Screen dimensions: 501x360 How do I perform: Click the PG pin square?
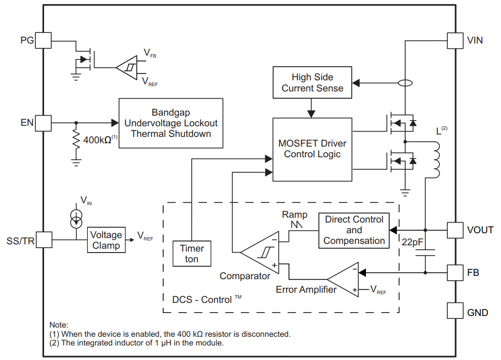(x=43, y=40)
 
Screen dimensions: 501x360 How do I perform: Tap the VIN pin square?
(x=455, y=41)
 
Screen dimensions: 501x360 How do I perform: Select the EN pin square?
(x=43, y=123)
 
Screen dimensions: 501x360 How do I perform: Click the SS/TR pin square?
(x=44, y=240)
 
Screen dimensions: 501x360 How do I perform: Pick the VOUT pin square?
(x=455, y=230)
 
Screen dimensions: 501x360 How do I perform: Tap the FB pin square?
(x=455, y=272)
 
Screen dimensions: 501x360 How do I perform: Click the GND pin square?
(x=455, y=311)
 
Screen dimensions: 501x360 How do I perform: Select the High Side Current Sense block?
(x=312, y=82)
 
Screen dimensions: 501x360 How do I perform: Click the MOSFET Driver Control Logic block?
(x=312, y=150)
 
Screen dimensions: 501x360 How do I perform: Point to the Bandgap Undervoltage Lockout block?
(x=171, y=123)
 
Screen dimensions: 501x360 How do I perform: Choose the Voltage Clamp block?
(x=106, y=240)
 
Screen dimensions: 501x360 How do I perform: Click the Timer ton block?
(x=192, y=254)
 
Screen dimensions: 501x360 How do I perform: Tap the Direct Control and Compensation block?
(x=354, y=230)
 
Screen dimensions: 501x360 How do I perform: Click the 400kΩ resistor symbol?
(x=76, y=139)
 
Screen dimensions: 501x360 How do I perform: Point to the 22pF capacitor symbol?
(x=425, y=253)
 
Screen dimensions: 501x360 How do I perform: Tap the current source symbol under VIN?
(x=76, y=219)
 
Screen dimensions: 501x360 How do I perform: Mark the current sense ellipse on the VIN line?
(x=405, y=83)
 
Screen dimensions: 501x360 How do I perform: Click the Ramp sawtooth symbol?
(x=297, y=225)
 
